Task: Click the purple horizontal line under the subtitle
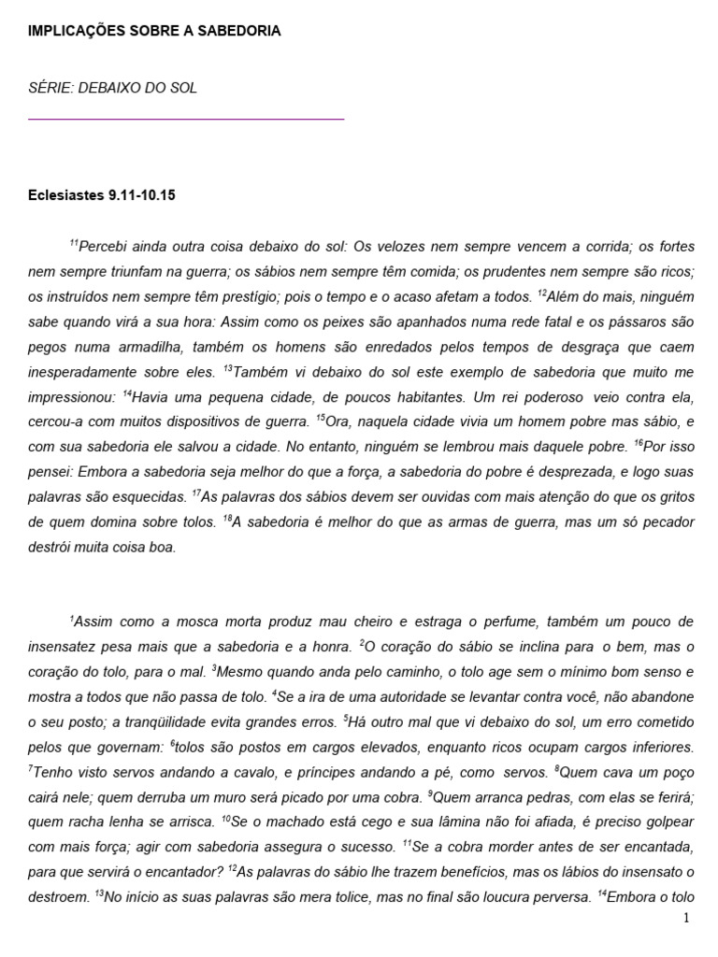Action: (187, 120)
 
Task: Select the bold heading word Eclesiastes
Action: (68, 195)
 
